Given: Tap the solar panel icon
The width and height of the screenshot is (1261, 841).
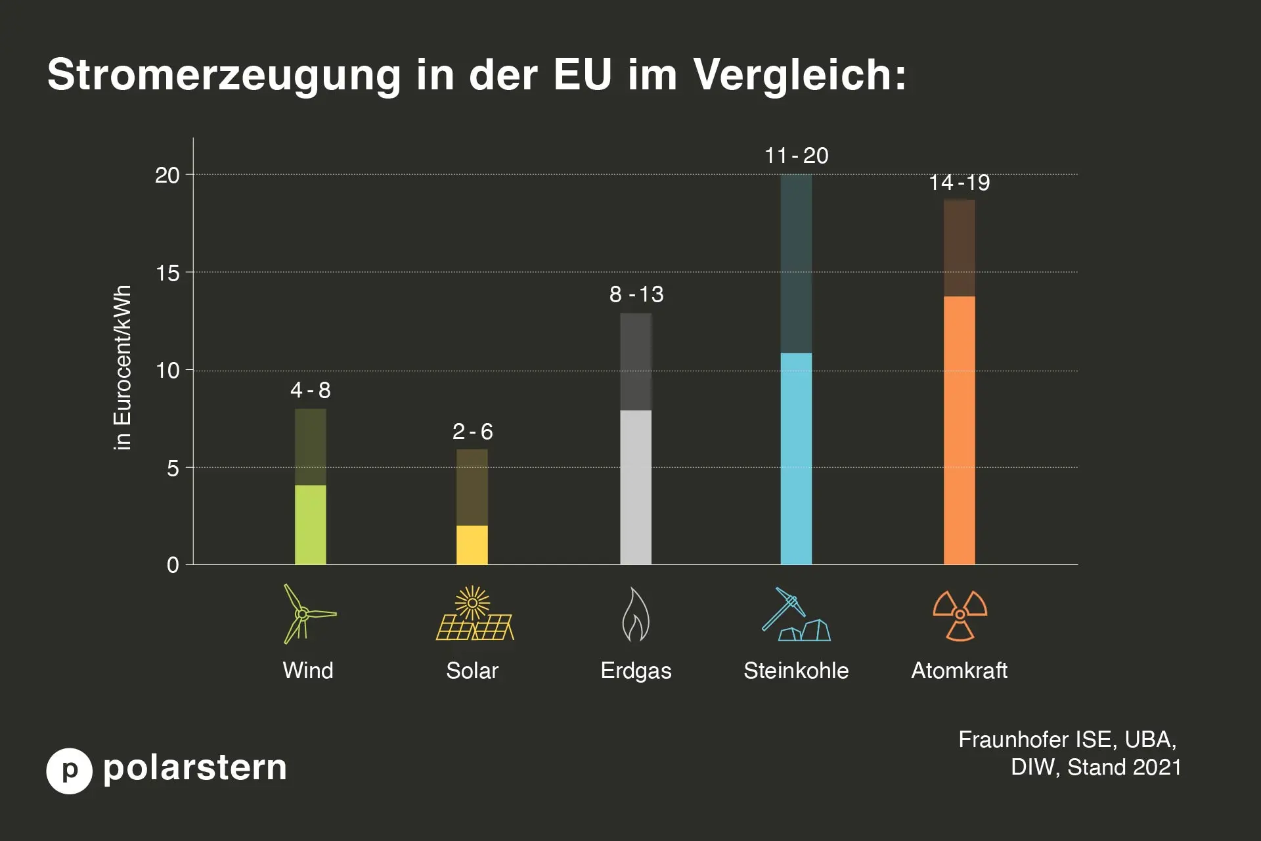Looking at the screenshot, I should [474, 614].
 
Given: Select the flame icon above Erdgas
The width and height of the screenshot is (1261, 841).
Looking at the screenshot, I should [635, 615].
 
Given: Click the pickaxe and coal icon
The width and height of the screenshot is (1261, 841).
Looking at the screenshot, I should [795, 614].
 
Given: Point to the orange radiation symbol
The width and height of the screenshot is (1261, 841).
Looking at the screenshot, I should [960, 615].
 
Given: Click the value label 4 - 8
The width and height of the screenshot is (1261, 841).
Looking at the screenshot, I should [310, 390].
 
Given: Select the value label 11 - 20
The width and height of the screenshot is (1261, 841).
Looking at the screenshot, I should [796, 156].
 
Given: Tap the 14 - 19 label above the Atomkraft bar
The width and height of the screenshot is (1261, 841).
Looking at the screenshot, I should [959, 183].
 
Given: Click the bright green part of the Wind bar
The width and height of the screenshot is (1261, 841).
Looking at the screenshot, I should [310, 524].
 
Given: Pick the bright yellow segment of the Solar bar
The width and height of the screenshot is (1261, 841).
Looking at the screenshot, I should [472, 545].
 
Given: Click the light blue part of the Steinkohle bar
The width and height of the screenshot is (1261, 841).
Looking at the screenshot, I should [796, 459].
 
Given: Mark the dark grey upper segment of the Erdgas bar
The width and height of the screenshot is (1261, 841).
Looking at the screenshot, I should [636, 361].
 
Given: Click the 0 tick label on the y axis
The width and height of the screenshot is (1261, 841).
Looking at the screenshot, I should [173, 565].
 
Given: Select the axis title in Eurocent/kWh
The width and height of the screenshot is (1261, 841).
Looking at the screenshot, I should [122, 368].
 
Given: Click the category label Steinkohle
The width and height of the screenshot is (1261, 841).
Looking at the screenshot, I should [795, 671].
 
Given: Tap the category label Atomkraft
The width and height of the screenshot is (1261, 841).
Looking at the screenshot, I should [959, 671].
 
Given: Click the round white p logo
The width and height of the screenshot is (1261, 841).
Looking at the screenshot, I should [69, 771].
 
